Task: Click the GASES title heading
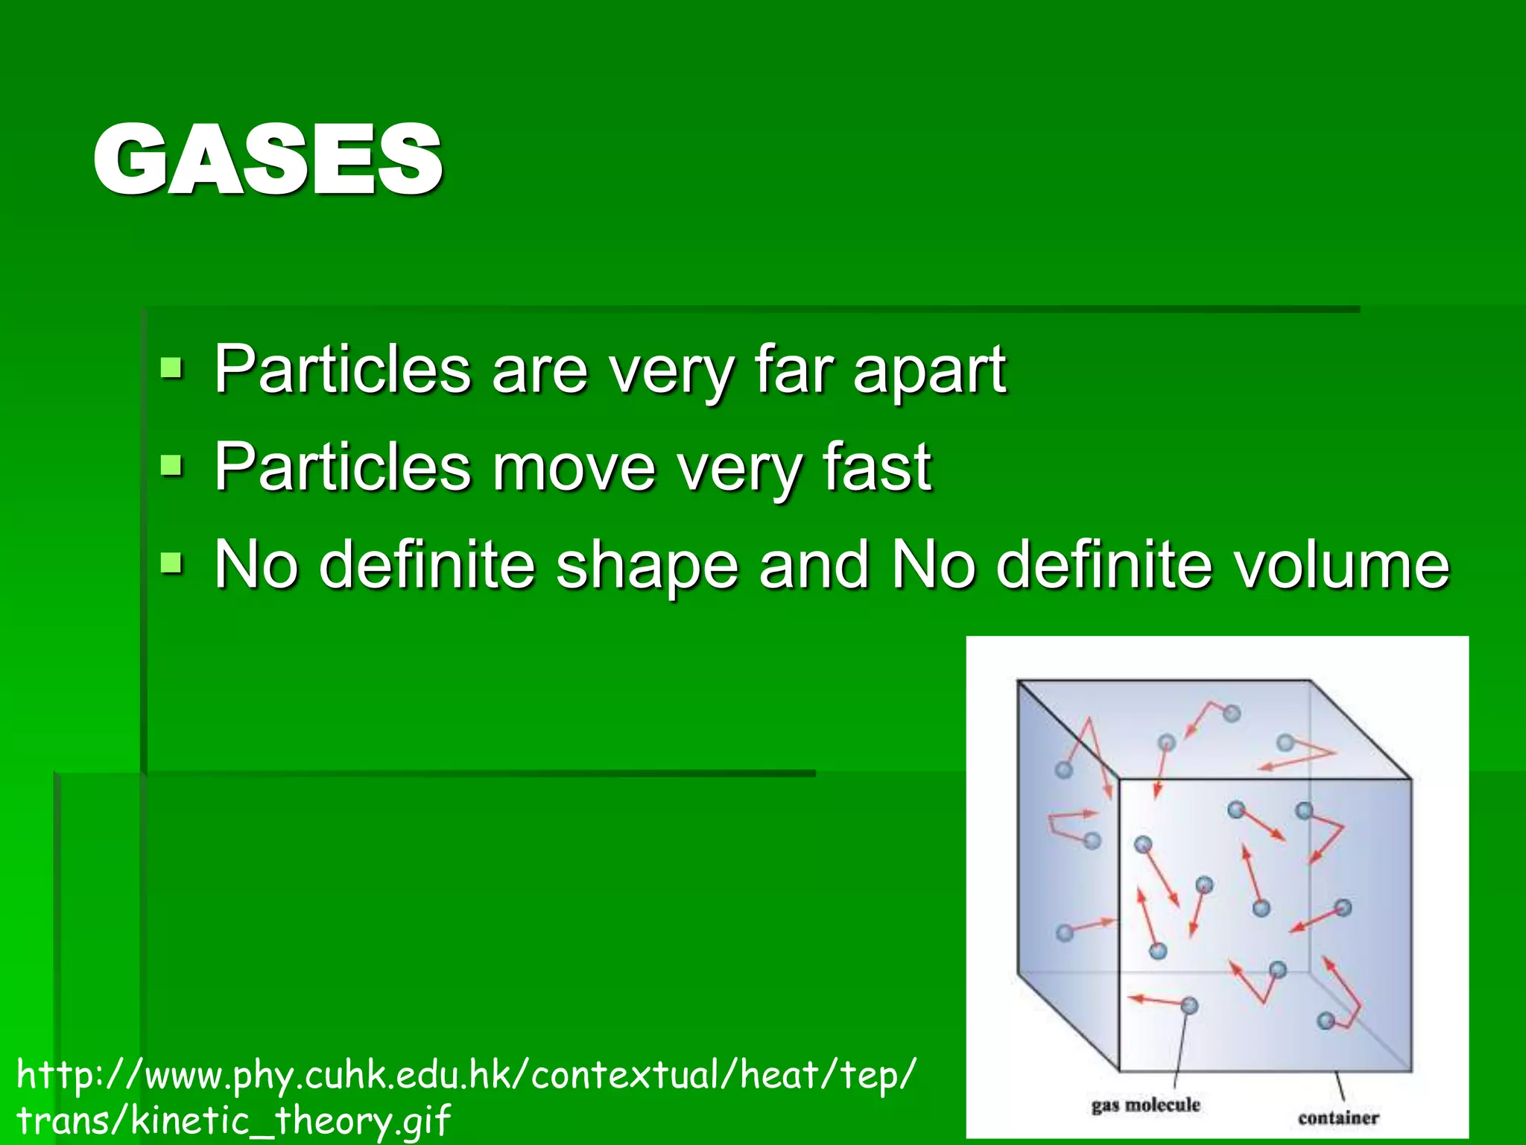point(268,160)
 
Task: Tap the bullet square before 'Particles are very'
point(171,368)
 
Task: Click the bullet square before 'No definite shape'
point(171,563)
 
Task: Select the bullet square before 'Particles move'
point(171,466)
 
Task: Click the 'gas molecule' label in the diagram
point(1145,1105)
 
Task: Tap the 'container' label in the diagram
point(1338,1117)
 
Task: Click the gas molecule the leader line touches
point(1189,1006)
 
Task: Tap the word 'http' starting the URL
point(56,1076)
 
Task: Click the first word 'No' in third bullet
point(257,564)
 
